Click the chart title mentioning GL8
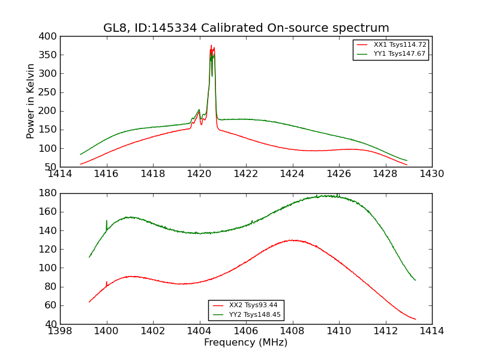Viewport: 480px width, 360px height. click(x=246, y=28)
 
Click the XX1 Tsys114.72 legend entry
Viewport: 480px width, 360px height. click(x=400, y=45)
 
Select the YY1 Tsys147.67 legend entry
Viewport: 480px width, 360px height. click(x=400, y=54)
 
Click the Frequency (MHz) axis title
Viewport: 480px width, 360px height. click(x=245, y=343)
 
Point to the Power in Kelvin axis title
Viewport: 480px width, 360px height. click(x=31, y=101)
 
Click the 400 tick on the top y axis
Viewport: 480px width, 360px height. click(x=49, y=37)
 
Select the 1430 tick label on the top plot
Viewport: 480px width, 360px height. click(x=431, y=174)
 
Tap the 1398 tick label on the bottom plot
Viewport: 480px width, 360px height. click(x=61, y=331)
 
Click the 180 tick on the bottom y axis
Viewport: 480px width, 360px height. click(x=49, y=193)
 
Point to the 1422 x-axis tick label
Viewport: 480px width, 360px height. click(x=245, y=174)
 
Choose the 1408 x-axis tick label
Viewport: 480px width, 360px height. click(x=292, y=331)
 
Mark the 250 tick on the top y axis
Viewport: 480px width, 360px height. click(x=49, y=92)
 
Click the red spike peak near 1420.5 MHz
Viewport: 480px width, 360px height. click(x=211, y=45)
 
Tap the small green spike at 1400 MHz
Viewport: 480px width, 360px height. click(x=107, y=221)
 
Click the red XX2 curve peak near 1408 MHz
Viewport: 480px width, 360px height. click(x=292, y=240)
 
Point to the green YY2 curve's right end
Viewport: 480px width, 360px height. click(x=415, y=280)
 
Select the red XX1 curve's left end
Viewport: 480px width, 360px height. click(x=80, y=164)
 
